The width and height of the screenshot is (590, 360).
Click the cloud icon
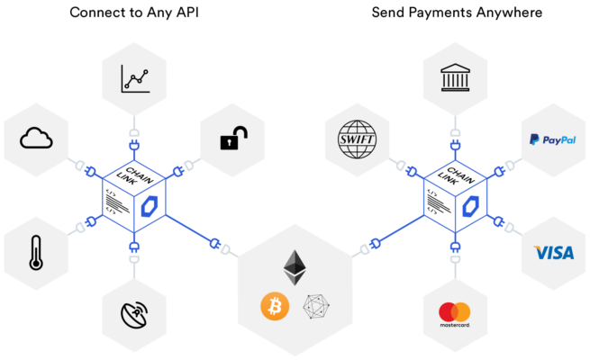36,138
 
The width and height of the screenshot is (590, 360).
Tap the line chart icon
135,78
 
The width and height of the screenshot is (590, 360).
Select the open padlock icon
233,138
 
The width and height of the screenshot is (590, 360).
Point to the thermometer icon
36,253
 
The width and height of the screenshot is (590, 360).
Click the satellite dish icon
134,314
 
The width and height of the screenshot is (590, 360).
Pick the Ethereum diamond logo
295,267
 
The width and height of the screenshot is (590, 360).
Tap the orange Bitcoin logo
275,306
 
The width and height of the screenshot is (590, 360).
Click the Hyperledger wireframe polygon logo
316,307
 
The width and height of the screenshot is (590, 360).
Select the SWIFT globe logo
357,139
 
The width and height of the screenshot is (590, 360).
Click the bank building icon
455,77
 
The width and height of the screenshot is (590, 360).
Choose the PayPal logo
553,139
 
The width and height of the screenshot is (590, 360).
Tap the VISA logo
553,253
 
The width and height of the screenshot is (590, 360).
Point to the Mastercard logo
455,314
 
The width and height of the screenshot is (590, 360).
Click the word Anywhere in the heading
509,13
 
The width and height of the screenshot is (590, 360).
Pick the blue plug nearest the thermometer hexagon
92,221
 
